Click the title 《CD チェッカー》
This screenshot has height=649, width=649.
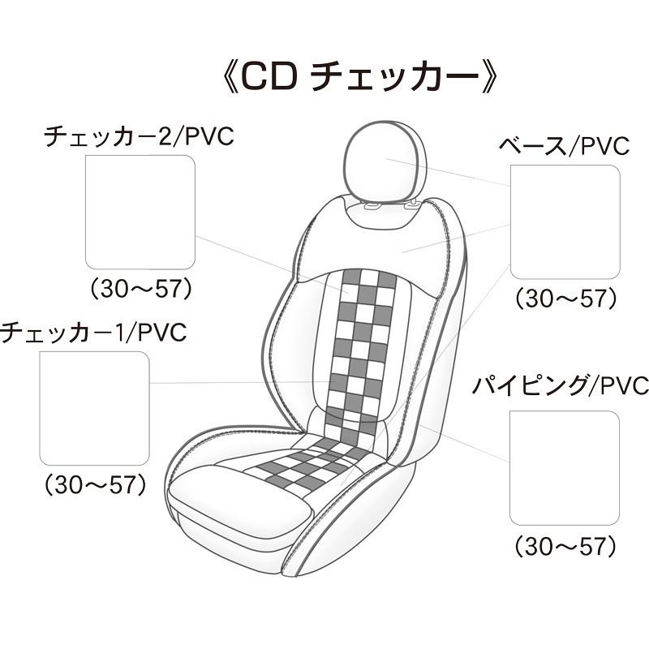click(359, 77)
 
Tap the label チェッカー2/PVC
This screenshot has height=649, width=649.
click(139, 136)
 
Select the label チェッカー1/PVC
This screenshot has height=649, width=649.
click(93, 333)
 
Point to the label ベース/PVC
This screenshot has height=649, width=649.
click(564, 146)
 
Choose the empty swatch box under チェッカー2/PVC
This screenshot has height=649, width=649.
click(140, 213)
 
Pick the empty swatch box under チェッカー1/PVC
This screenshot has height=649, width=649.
click(94, 409)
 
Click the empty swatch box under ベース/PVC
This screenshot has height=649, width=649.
click(565, 221)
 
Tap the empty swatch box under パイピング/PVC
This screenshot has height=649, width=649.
click(565, 468)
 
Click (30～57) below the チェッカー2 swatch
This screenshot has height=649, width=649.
click(141, 289)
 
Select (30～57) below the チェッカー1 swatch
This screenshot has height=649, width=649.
click(95, 485)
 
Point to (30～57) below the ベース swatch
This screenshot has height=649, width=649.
click(565, 299)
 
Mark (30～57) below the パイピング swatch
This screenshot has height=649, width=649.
click(565, 546)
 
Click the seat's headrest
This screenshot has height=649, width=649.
click(386, 161)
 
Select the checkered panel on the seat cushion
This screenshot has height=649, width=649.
click(312, 463)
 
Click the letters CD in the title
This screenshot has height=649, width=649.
click(269, 77)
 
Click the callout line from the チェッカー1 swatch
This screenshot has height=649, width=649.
click(240, 383)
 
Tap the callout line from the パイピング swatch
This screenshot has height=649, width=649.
click(463, 444)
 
